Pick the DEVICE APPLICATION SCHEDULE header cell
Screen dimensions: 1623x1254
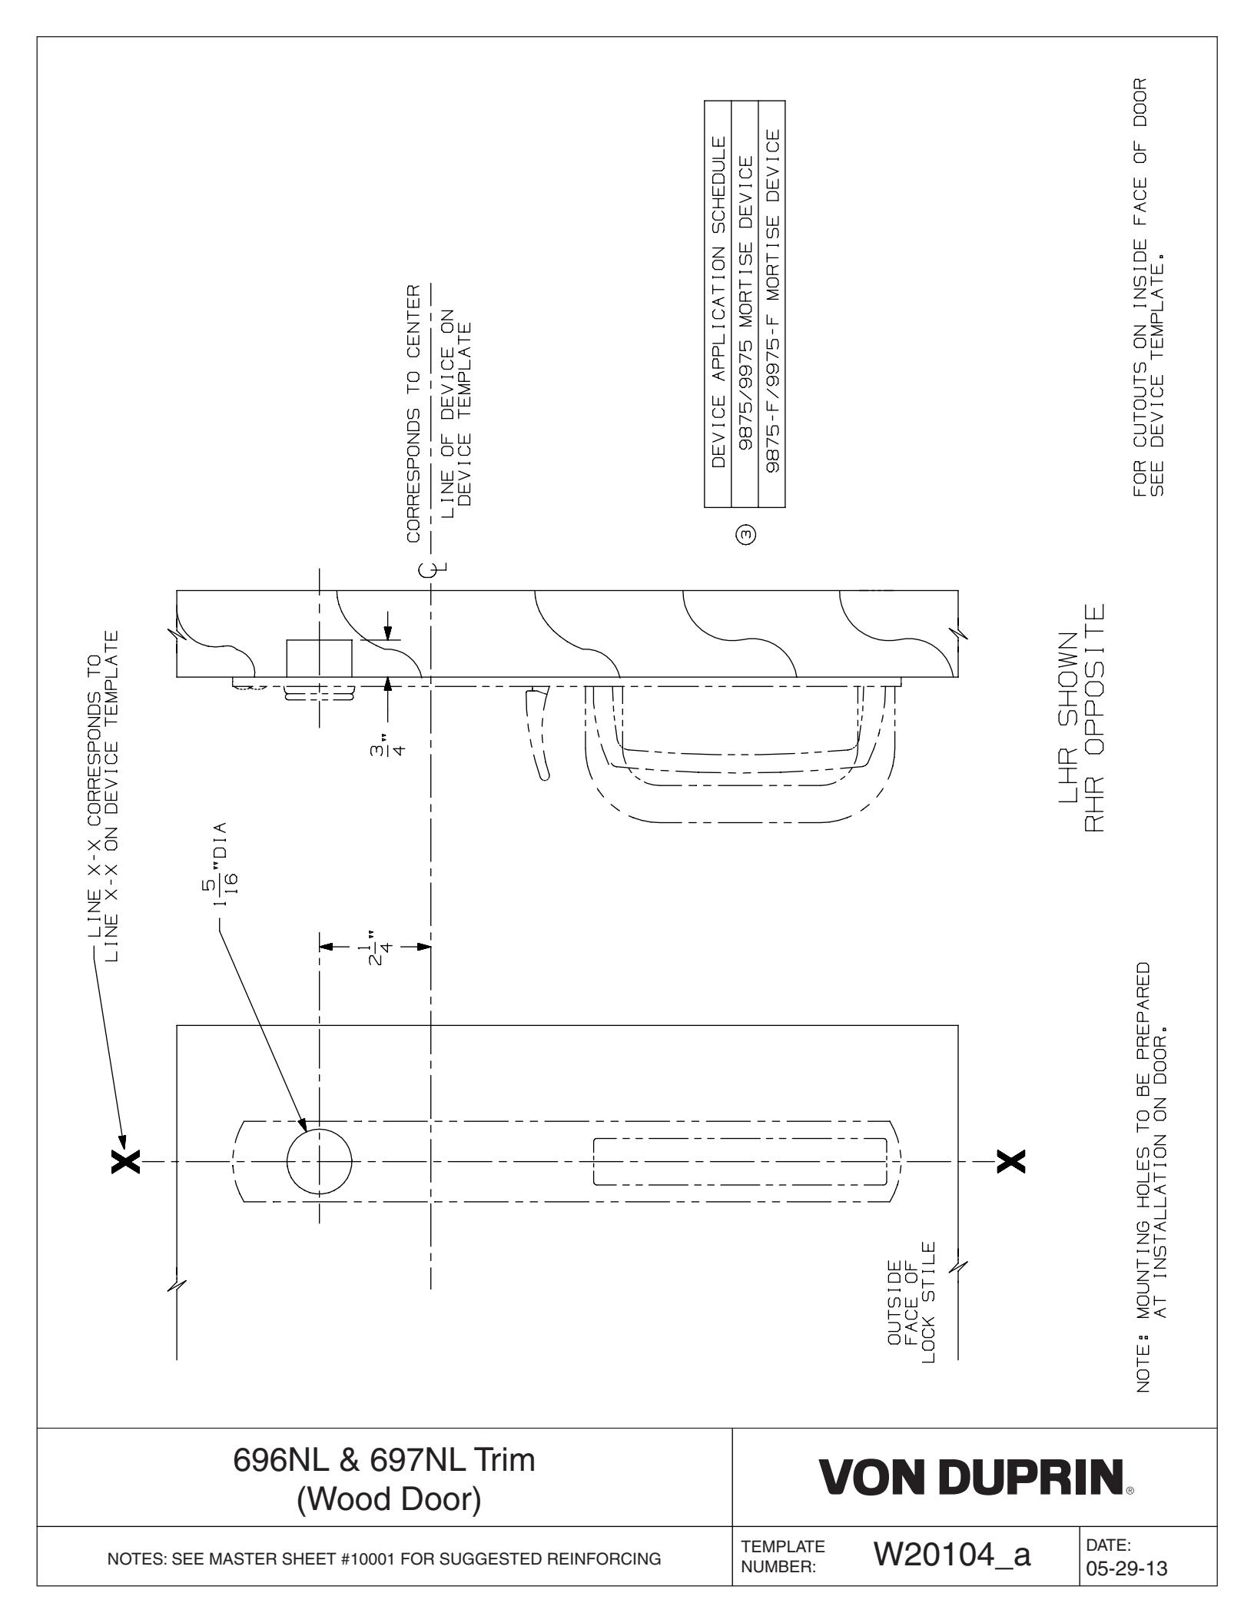tap(718, 303)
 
